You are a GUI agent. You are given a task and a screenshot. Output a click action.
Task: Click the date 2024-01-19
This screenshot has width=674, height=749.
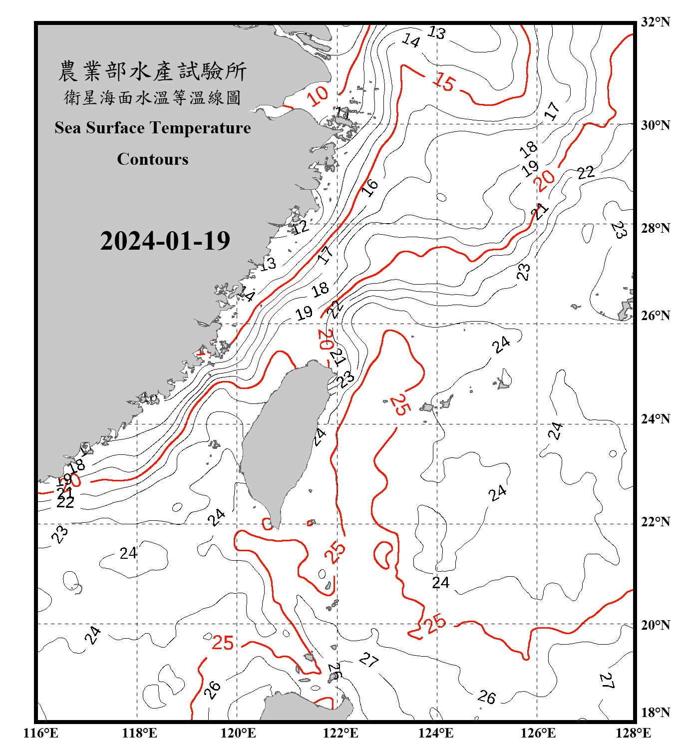coord(165,241)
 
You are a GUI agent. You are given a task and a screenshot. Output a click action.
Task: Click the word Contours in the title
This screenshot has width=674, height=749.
coord(153,159)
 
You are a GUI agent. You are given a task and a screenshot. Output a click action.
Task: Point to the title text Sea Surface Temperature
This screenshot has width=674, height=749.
coord(153,128)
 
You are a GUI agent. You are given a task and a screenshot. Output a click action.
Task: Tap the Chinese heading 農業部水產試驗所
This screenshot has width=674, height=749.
coord(152,71)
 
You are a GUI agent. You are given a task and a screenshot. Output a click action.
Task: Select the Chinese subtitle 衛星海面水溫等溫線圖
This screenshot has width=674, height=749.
coord(152,97)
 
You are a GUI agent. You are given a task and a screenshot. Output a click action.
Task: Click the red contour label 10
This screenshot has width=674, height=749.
coord(318,95)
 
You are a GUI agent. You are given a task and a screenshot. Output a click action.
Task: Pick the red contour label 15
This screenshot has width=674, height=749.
coord(444,81)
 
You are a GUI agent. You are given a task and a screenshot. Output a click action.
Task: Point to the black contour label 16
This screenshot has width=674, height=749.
coord(370,187)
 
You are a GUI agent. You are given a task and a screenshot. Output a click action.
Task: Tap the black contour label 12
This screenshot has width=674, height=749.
coord(300,227)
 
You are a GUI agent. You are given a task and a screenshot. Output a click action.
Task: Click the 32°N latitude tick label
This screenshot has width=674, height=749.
coord(656,22)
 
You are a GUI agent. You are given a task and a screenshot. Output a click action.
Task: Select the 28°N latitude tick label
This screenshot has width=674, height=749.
coord(656,228)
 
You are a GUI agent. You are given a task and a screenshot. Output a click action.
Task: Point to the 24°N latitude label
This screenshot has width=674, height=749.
coord(656,419)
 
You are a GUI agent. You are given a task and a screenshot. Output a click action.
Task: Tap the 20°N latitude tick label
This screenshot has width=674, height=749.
coord(656,625)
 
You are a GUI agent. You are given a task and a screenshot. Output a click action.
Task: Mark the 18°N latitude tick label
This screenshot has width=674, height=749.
coord(656,713)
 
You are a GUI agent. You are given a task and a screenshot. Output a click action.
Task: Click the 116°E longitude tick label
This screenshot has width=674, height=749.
coord(41,733)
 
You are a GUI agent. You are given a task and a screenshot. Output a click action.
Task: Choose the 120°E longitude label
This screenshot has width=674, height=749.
coord(238,733)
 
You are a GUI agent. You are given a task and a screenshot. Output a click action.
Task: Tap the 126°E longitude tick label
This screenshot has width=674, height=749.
coord(538,733)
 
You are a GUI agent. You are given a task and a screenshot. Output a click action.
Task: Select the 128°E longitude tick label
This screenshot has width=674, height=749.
coord(633,733)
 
